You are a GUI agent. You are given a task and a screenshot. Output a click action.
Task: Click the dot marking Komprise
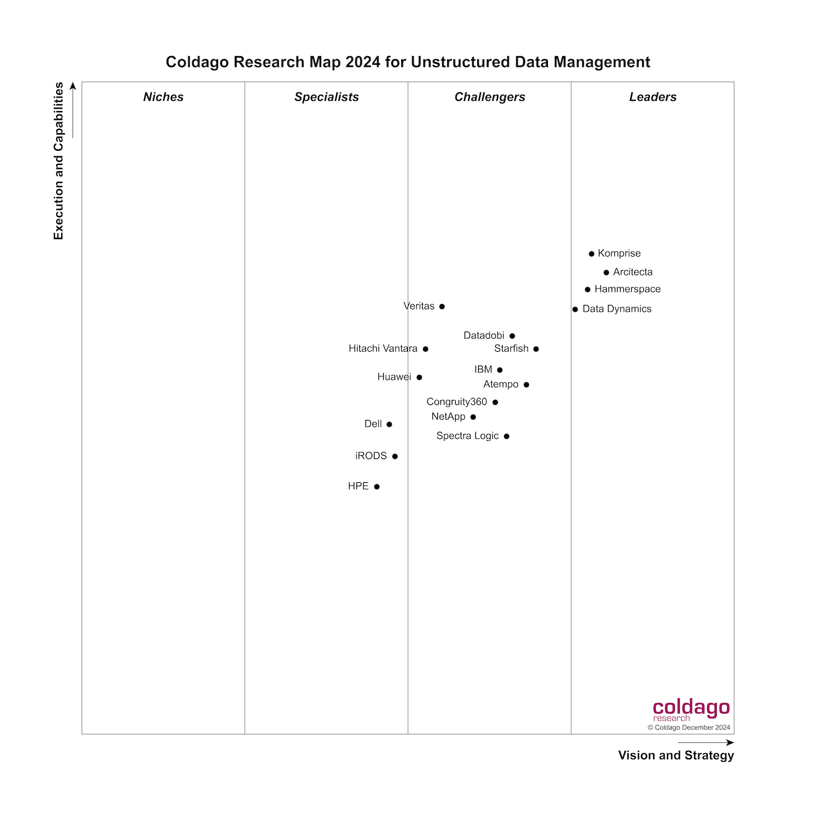(592, 254)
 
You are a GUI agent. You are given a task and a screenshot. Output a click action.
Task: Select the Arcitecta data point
(606, 273)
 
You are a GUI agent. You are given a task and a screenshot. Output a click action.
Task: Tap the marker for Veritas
(442, 307)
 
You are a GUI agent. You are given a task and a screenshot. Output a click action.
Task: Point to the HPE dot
(377, 487)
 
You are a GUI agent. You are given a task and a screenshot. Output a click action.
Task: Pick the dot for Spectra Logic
(507, 436)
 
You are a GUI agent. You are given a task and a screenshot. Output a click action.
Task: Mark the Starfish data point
(536, 349)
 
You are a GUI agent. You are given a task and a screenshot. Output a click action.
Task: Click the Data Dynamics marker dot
(575, 309)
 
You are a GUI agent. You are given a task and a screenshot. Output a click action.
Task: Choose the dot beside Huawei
(419, 377)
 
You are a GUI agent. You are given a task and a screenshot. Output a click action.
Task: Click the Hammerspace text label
(627, 289)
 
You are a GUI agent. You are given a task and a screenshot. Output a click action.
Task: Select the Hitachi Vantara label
(383, 348)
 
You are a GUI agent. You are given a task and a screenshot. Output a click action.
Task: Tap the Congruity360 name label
(457, 402)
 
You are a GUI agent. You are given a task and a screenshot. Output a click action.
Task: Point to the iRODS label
(371, 456)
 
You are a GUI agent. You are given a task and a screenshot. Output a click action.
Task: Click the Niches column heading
(163, 97)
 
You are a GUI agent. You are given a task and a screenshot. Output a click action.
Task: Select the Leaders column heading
(653, 97)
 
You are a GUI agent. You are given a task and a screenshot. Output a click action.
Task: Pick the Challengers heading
(490, 97)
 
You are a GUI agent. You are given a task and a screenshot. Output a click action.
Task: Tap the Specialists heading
(326, 97)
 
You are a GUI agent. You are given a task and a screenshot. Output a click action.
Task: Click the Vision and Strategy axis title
(676, 755)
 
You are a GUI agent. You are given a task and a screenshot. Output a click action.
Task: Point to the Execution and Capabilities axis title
(59, 161)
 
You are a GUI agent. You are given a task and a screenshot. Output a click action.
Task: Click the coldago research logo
(691, 710)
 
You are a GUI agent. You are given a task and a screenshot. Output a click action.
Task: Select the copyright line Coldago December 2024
(689, 728)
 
